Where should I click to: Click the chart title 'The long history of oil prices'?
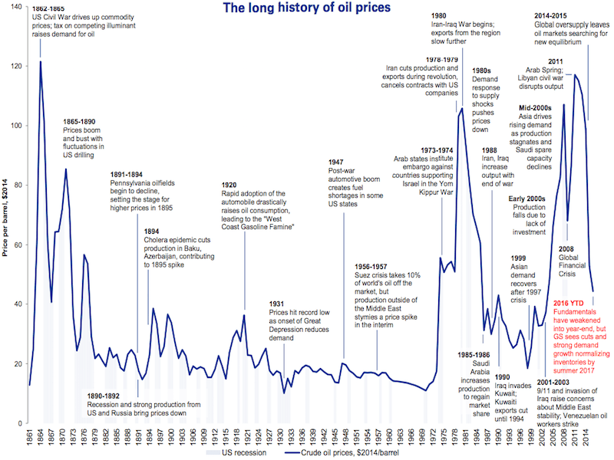point(306,9)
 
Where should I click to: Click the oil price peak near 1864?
point(40,61)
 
